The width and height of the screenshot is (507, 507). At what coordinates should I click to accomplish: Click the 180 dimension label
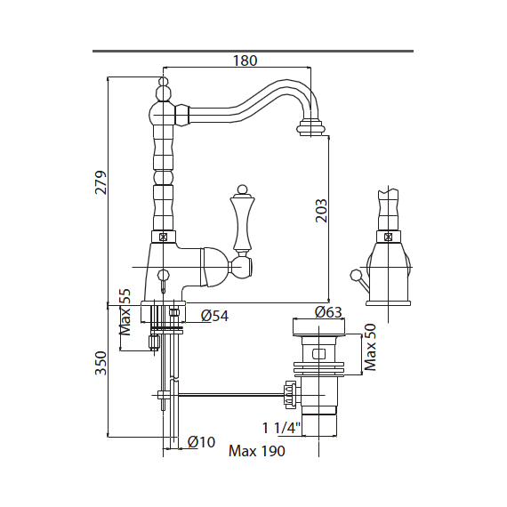pyautogui.click(x=245, y=60)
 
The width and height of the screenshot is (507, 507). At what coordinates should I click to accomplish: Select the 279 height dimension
pyautogui.click(x=101, y=182)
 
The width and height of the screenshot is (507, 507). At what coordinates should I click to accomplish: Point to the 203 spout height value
pyautogui.click(x=321, y=211)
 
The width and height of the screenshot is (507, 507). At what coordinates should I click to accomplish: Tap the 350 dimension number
pyautogui.click(x=101, y=363)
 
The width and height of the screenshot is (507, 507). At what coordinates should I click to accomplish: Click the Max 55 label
pyautogui.click(x=125, y=311)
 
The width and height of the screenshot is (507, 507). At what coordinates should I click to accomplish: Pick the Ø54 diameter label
pyautogui.click(x=214, y=316)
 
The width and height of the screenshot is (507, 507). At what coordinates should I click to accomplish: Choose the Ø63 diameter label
pyautogui.click(x=328, y=312)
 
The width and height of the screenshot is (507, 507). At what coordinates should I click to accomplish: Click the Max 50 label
pyautogui.click(x=370, y=347)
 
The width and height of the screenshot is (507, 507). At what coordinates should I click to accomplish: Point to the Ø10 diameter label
pyautogui.click(x=201, y=442)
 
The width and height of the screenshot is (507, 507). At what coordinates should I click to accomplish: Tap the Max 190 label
pyautogui.click(x=257, y=451)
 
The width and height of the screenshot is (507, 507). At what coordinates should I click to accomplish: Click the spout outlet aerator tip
pyautogui.click(x=310, y=128)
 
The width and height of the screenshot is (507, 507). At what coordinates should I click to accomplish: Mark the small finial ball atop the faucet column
pyautogui.click(x=164, y=81)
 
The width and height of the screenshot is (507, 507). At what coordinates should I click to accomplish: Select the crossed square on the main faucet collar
pyautogui.click(x=164, y=237)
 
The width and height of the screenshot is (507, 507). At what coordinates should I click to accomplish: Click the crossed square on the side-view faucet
pyautogui.click(x=388, y=237)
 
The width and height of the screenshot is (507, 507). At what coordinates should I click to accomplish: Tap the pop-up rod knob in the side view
pyautogui.click(x=355, y=275)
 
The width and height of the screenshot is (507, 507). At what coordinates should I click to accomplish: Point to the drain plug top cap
pyautogui.click(x=318, y=326)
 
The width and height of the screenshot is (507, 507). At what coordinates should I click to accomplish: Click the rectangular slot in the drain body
pyautogui.click(x=318, y=354)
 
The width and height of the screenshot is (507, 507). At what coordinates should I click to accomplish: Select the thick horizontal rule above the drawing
pyautogui.click(x=253, y=51)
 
